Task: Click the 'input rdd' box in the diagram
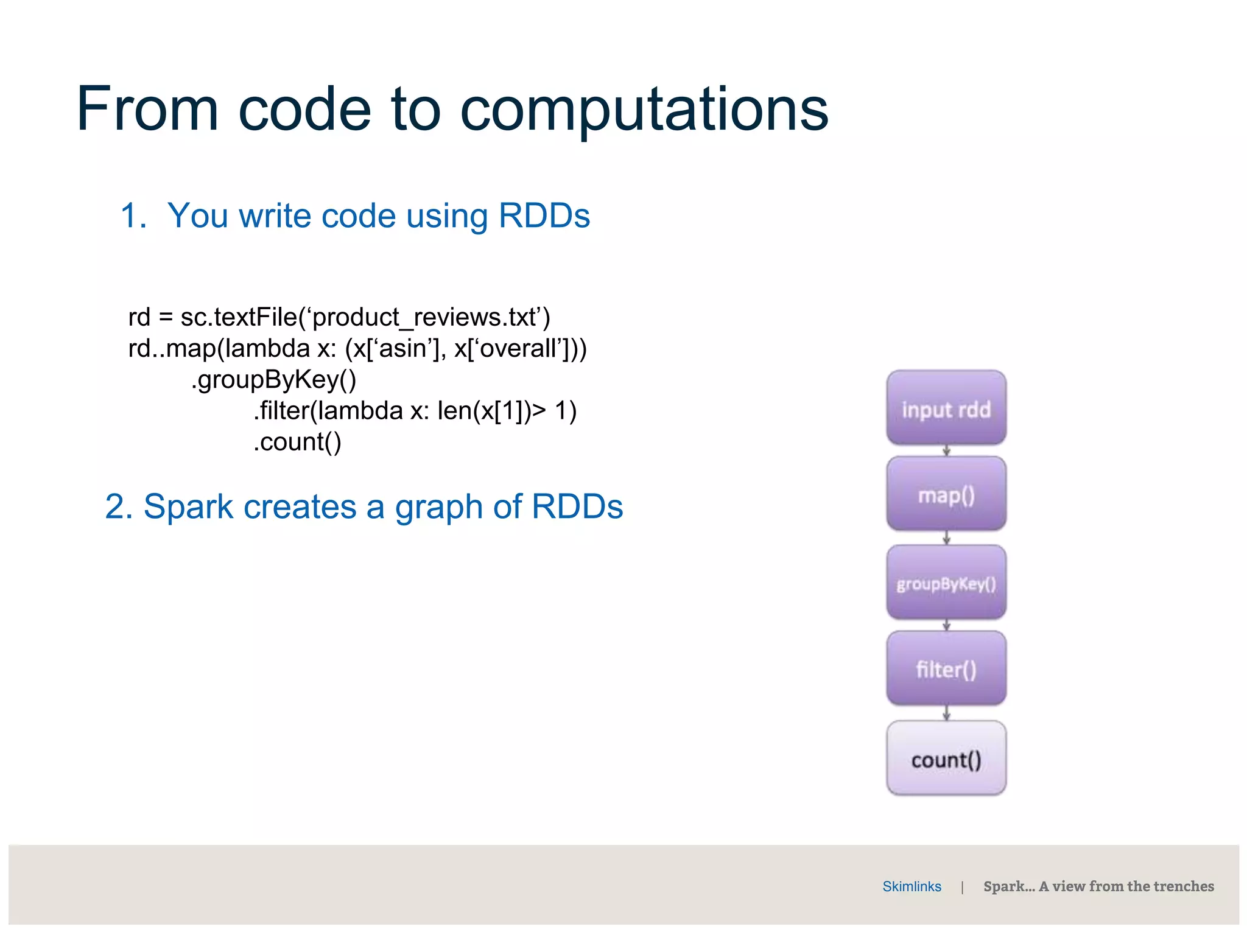[x=946, y=408]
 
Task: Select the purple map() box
[x=946, y=494]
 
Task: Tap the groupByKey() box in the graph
[x=946, y=583]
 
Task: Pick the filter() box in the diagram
[x=946, y=668]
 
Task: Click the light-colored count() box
[x=946, y=758]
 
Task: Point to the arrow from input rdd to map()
[x=946, y=450]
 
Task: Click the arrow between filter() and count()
[x=946, y=713]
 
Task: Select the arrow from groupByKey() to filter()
[x=946, y=625]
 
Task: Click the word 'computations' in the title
[x=644, y=110]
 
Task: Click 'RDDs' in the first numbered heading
[x=544, y=215]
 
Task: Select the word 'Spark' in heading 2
[x=188, y=506]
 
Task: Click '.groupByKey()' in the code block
[x=273, y=380]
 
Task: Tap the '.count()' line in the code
[x=297, y=442]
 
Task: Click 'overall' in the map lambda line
[x=518, y=348]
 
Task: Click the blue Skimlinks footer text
[x=912, y=886]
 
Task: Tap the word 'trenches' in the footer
[x=1183, y=886]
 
